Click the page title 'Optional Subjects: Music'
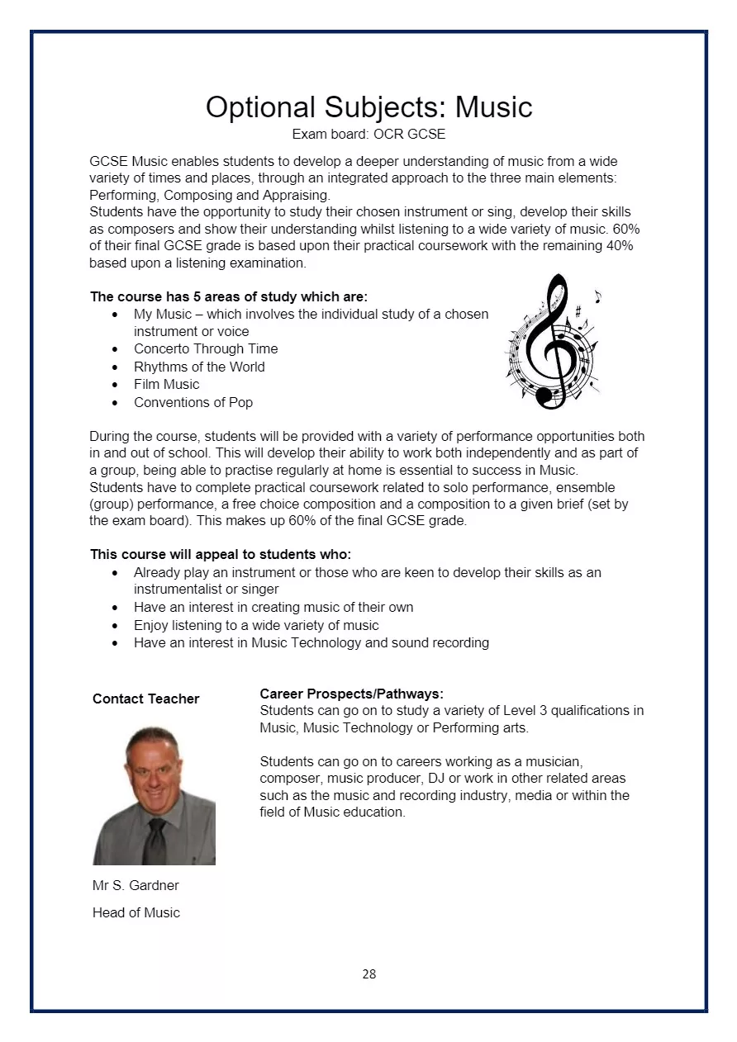coord(368,107)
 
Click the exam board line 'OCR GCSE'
coord(368,134)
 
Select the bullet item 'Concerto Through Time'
coord(206,348)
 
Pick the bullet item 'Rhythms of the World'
coord(199,367)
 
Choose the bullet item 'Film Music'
coord(166,384)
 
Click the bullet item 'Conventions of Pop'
coord(193,402)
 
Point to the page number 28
coord(368,974)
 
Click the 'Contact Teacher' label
coord(145,699)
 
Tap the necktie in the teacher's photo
coord(155,841)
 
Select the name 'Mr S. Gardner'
coord(136,885)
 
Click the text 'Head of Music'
coord(136,912)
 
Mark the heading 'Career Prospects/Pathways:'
coord(351,694)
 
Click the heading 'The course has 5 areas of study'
coord(228,296)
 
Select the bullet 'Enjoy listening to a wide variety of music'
coord(256,625)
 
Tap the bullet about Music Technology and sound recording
coord(311,642)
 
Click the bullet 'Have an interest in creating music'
coord(273,607)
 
